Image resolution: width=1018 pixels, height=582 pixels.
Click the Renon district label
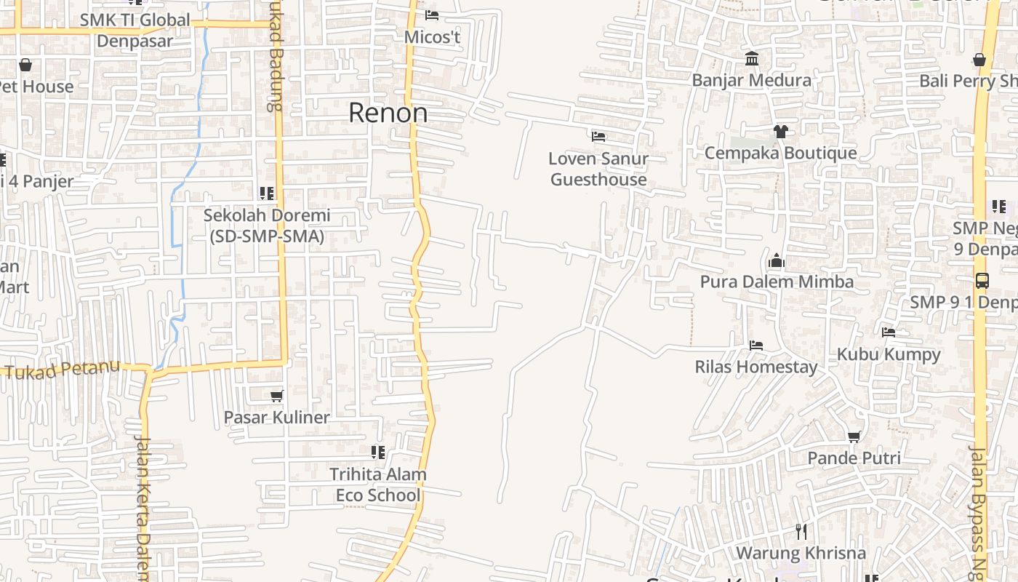tap(388, 113)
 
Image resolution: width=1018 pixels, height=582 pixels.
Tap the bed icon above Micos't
tap(432, 15)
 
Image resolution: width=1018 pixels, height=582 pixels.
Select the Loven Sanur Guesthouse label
tap(598, 169)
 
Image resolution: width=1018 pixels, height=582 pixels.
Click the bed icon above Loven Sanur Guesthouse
tap(598, 136)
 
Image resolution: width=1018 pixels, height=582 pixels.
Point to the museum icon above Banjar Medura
tap(752, 58)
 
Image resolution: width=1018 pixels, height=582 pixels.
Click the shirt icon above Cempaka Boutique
tap(781, 131)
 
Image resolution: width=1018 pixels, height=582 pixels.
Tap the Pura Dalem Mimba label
tap(777, 282)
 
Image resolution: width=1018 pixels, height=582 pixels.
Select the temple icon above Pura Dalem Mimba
tap(777, 260)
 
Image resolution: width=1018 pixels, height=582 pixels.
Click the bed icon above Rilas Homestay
tap(756, 345)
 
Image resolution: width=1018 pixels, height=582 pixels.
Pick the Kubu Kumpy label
tap(889, 354)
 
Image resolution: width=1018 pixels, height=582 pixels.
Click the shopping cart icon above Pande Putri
tap(854, 436)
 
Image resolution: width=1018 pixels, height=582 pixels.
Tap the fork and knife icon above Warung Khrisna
tap(801, 531)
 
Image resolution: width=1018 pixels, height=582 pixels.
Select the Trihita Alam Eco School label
tap(378, 485)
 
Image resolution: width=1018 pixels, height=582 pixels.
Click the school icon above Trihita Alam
tap(378, 453)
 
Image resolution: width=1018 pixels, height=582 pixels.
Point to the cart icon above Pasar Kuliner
tap(276, 396)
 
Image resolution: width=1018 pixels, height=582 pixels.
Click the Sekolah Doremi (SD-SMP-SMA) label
tap(267, 226)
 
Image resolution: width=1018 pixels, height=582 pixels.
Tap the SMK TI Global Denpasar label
tap(135, 30)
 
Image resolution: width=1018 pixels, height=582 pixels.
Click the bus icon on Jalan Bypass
tap(982, 280)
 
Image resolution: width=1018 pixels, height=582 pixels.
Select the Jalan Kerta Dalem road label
tap(143, 509)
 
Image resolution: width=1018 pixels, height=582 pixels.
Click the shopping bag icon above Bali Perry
tap(979, 60)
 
